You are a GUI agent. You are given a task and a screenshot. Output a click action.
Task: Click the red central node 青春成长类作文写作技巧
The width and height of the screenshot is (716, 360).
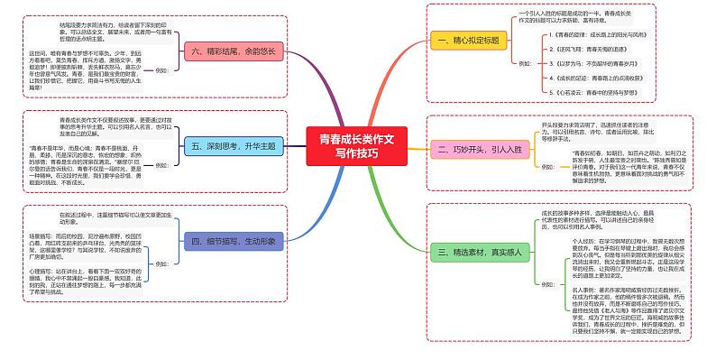[357, 145]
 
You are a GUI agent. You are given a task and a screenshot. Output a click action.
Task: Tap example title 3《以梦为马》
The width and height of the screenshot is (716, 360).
[595, 64]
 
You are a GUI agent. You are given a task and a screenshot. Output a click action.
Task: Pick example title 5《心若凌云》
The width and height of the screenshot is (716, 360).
[595, 94]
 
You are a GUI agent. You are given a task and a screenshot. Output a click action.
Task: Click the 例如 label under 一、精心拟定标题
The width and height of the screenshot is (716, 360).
[526, 64]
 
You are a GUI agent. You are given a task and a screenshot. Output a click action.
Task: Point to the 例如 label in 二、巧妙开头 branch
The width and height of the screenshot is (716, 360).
[548, 167]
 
